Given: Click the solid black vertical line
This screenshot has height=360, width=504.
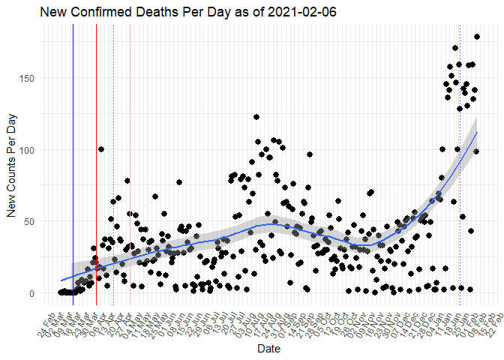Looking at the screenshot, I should tap(73, 150).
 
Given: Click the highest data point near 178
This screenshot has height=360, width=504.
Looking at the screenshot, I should tap(476, 37).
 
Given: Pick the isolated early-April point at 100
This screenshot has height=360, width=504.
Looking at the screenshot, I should tap(100, 149).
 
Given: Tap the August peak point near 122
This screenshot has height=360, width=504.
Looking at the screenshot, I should tap(256, 117).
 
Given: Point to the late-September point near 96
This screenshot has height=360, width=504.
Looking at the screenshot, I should tap(309, 155).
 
